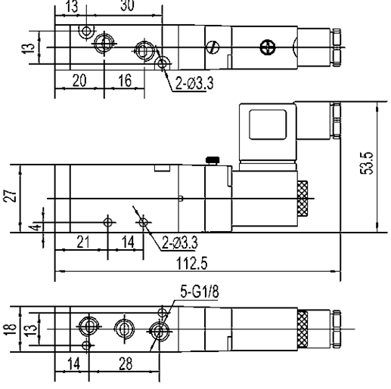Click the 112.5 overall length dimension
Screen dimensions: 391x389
192,264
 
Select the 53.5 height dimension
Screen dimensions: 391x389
366,163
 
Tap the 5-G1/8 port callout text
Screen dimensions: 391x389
200,292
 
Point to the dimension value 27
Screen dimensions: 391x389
10,196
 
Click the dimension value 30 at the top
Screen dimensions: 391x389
127,5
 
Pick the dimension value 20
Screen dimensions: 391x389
79,81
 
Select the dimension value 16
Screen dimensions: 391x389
125,81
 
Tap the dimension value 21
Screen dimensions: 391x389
83,242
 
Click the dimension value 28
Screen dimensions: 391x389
126,364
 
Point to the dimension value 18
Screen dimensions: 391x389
10,329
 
